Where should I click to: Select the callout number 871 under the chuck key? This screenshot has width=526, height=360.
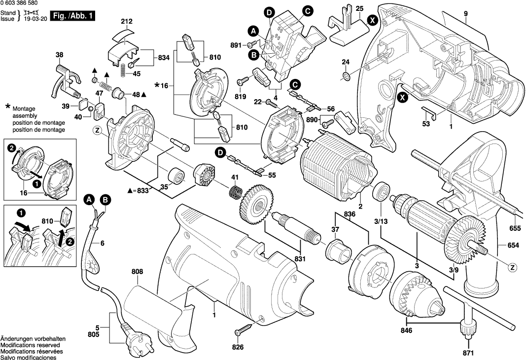(467, 353)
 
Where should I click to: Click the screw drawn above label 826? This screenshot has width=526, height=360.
(245, 326)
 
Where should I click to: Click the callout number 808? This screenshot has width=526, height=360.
(138, 271)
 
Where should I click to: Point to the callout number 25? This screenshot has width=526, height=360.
(359, 8)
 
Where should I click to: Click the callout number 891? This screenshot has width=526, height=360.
(236, 45)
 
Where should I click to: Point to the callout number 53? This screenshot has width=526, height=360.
(426, 124)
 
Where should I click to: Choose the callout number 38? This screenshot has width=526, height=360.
(60, 55)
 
